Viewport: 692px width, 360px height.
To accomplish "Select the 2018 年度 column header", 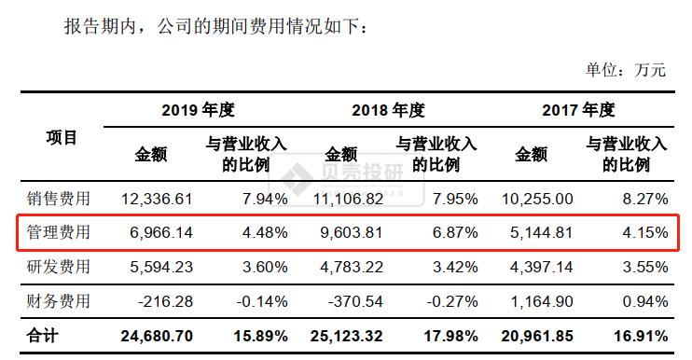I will (x=388, y=110).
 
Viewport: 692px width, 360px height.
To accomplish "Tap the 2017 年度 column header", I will (x=578, y=110).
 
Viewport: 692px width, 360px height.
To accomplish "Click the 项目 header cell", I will (x=62, y=138).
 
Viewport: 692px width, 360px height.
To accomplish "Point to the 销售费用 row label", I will (x=60, y=199).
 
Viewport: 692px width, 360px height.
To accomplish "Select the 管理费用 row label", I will (x=60, y=232).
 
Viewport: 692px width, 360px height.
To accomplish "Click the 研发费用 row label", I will (x=60, y=267).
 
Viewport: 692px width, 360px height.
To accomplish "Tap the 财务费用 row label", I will (x=60, y=301).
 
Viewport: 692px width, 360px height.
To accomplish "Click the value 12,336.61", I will (x=157, y=199).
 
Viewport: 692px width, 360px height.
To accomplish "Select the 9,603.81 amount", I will (x=346, y=232).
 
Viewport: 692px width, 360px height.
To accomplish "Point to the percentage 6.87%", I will (x=455, y=232).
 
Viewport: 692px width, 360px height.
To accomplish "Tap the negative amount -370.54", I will (x=352, y=301).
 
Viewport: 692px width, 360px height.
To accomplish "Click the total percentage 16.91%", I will (x=640, y=336).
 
